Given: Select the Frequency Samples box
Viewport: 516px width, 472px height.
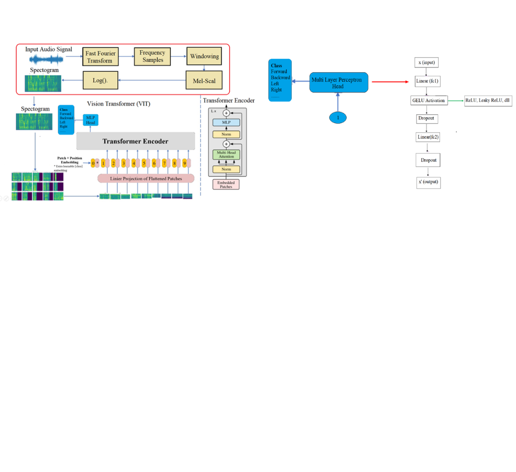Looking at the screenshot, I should tap(152, 57).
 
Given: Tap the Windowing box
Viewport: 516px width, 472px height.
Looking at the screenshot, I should tap(204, 57).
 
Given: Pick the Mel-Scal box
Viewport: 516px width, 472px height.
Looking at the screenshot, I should tap(204, 81).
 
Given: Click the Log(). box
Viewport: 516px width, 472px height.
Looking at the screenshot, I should tap(100, 81).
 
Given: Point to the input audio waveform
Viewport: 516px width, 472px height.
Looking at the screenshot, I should tap(46, 59).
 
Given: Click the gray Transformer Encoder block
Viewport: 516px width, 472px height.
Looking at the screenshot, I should tap(136, 141).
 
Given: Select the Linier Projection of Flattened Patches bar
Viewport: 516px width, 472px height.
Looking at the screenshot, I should tap(146, 178).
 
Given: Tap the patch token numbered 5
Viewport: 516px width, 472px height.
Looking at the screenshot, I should tap(144, 163).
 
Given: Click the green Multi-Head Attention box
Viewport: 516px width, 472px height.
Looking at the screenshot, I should tap(227, 154).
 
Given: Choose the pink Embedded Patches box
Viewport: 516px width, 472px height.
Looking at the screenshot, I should tap(227, 184).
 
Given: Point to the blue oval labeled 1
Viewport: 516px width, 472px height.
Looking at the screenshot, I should tap(338, 118).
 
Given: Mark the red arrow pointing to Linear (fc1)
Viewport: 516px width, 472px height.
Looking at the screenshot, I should tap(390, 82).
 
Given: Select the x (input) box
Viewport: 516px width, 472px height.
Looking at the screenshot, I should tap(427, 63).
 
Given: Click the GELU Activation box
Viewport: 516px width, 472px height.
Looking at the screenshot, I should tap(428, 100).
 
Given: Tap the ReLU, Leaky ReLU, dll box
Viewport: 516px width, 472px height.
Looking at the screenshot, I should tap(487, 101).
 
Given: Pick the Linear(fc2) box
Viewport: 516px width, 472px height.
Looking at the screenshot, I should tap(428, 137).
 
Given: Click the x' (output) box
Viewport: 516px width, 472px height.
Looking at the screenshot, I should tap(428, 182).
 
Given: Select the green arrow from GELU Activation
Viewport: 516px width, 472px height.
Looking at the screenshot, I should tap(455, 100).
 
